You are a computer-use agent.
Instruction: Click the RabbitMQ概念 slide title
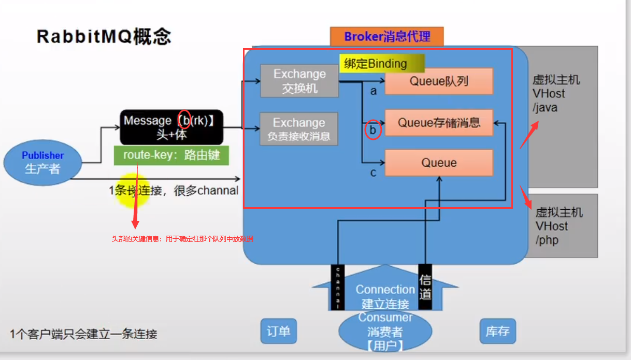[x=104, y=37]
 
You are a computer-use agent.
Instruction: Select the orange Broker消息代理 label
[x=386, y=37]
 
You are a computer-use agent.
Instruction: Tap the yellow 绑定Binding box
[x=382, y=64]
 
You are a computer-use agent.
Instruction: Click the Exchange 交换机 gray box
[x=299, y=81]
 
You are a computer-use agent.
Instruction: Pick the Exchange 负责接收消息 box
[x=298, y=129]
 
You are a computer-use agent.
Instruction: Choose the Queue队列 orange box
[x=438, y=81]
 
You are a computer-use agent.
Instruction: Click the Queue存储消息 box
[x=438, y=123]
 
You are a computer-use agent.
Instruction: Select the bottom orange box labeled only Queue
[x=438, y=163]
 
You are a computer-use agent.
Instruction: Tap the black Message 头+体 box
[x=171, y=127]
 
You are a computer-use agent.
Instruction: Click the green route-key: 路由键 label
[x=171, y=155]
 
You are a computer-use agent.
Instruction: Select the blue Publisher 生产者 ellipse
[x=42, y=162]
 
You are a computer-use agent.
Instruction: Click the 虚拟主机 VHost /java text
[x=556, y=94]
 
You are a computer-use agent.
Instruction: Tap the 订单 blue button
[x=278, y=331]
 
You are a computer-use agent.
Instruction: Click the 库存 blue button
[x=497, y=331]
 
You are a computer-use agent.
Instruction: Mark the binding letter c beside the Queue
[x=373, y=173]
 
